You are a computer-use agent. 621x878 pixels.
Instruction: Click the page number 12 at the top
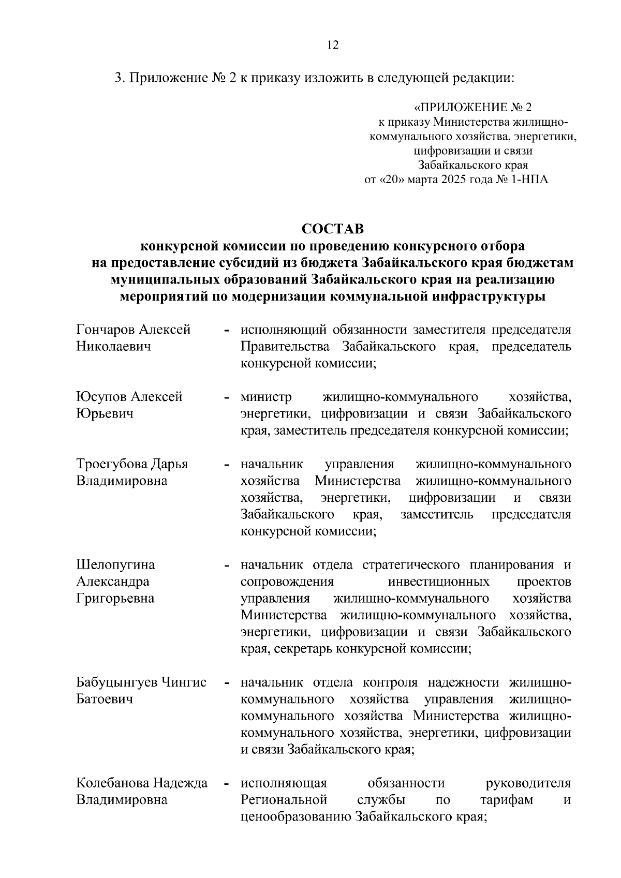tap(333, 45)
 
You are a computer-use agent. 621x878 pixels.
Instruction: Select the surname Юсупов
tap(101, 397)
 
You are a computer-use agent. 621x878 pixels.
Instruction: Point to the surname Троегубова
tap(112, 464)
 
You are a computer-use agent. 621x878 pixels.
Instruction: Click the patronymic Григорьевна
tap(115, 599)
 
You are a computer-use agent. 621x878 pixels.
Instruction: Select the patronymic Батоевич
tap(105, 700)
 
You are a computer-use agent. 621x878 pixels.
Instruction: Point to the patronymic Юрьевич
tap(105, 414)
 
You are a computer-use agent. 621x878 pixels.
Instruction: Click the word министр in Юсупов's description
tap(266, 397)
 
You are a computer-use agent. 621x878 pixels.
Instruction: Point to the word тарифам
tap(506, 800)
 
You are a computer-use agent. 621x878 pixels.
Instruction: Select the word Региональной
tap(284, 800)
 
